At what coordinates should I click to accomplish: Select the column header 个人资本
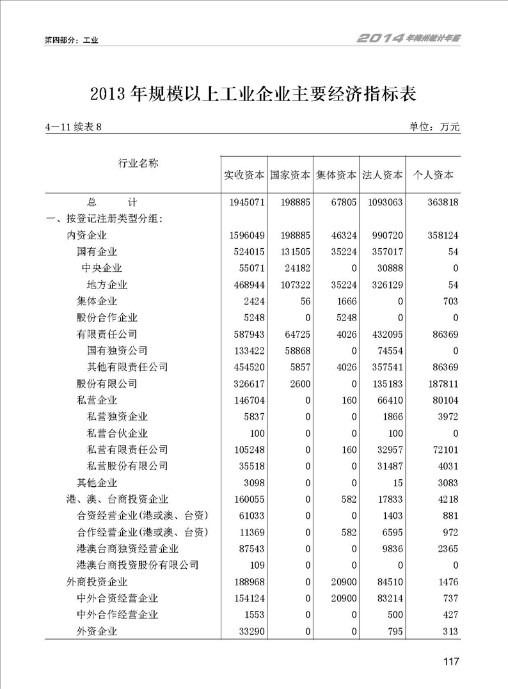[x=435, y=175]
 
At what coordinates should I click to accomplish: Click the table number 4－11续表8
[x=74, y=127]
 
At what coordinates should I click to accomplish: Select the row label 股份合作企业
[x=107, y=318]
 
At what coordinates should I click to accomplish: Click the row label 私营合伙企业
[x=117, y=434]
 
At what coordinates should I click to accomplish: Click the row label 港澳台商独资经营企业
[x=127, y=549]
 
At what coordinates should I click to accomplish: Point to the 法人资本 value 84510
[x=387, y=582]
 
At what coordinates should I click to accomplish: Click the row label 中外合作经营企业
[x=117, y=615]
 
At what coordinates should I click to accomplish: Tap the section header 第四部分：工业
[x=71, y=40]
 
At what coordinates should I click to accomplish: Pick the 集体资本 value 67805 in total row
[x=341, y=203]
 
